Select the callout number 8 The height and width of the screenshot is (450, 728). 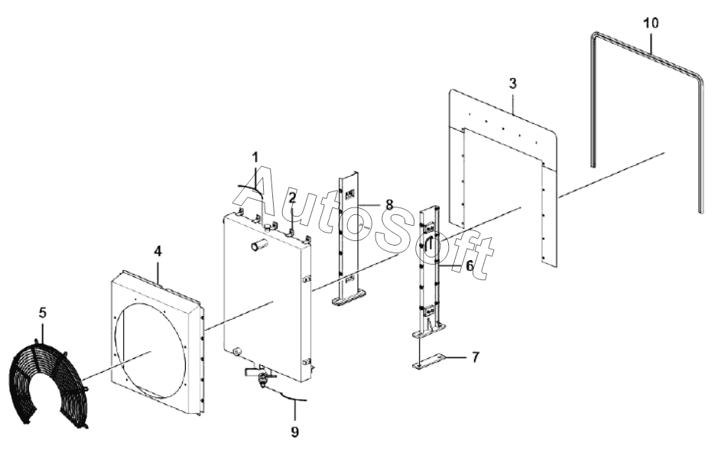[389, 204]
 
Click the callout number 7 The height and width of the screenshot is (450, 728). [475, 357]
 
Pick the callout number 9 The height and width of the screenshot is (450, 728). [294, 432]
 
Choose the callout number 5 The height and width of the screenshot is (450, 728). [43, 312]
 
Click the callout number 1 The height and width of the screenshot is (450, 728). [255, 157]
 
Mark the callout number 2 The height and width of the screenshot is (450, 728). [292, 199]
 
